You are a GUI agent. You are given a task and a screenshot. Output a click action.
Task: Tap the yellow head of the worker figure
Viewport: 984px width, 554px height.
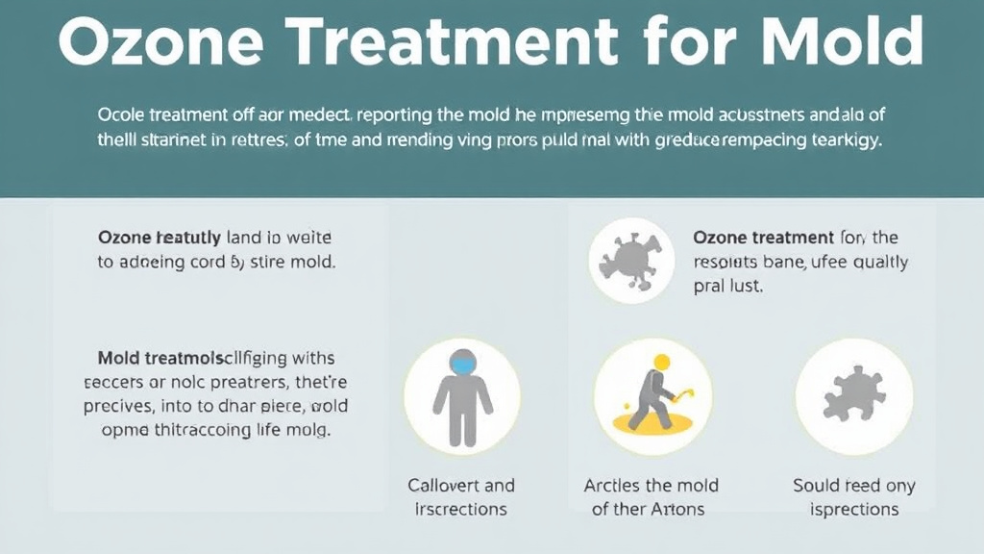(660, 363)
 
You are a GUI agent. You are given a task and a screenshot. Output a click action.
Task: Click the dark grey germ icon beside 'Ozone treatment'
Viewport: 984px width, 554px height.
(630, 261)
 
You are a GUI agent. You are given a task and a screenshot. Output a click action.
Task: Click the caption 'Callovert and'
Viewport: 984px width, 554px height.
(461, 485)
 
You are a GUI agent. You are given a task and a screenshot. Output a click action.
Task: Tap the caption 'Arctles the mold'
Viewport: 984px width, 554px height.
(652, 485)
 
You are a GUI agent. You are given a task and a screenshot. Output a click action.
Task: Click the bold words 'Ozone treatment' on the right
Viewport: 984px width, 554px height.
(763, 237)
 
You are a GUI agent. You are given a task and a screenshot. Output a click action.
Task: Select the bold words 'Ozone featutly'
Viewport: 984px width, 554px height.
(160, 236)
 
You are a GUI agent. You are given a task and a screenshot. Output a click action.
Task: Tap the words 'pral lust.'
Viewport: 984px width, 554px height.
(727, 287)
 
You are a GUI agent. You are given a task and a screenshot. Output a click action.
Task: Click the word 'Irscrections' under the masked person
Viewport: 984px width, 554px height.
(461, 509)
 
